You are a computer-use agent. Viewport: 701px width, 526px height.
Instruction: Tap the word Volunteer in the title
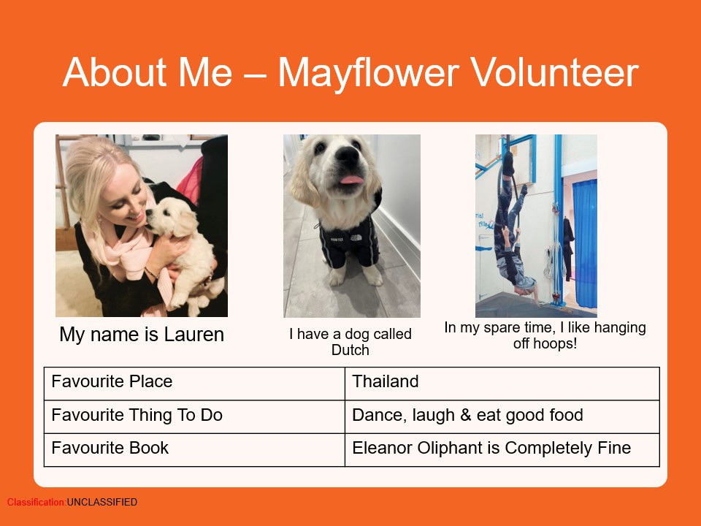554,72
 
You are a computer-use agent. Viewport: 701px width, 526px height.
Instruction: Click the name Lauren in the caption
194,335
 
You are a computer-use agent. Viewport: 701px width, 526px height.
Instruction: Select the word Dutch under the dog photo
350,350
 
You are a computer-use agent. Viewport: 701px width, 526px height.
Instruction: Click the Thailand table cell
502,384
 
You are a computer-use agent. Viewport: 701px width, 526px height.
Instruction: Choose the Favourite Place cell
194,384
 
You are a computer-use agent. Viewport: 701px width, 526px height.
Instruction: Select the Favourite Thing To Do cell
194,417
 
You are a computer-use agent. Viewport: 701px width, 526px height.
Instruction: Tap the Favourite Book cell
194,450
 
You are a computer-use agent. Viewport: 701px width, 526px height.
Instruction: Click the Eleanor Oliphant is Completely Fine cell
502,450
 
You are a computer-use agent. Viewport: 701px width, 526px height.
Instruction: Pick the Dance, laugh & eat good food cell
502,417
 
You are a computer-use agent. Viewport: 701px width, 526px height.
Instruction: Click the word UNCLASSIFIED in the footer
102,503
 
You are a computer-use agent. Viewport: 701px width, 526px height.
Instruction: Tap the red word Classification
37,503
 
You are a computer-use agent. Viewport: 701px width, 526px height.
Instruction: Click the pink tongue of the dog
352,180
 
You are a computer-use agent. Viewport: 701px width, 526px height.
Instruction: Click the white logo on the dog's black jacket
356,237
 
